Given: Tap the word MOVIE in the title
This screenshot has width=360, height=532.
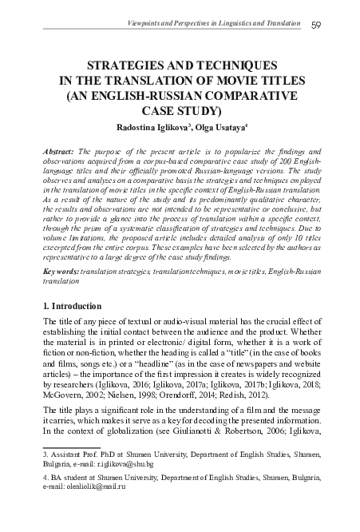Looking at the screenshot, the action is [x=216, y=81].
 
